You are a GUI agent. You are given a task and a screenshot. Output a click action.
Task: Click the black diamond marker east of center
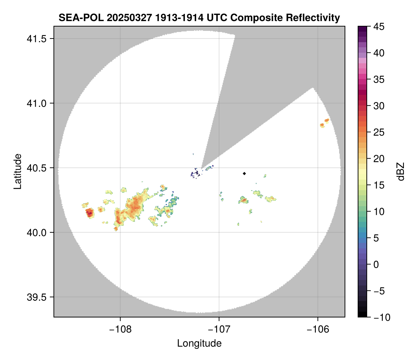coord(244,173)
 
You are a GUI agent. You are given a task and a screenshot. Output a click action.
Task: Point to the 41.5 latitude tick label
coord(36,39)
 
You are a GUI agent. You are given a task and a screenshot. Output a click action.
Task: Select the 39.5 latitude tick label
coord(36,297)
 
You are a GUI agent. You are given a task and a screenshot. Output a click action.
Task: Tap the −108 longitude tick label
coord(120,329)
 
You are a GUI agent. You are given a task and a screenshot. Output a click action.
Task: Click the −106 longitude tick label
coord(318,329)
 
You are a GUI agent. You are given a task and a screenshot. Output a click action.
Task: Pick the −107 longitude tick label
coord(219,329)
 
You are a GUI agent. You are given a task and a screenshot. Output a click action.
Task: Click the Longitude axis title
coord(199,343)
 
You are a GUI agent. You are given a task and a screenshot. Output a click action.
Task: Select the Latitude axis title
coord(17,171)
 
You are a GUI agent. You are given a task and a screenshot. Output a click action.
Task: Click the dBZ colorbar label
coord(401,171)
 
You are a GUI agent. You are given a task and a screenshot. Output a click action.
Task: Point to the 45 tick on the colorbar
coord(379,27)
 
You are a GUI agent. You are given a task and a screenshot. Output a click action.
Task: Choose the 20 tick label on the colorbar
coord(379,159)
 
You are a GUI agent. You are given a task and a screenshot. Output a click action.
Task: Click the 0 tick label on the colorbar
coord(376,264)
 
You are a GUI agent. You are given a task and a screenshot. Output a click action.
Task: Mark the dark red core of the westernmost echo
coord(90,213)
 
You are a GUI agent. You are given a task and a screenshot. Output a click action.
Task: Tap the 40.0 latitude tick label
coord(36,232)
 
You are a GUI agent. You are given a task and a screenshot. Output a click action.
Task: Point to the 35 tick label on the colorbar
coord(379,79)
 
